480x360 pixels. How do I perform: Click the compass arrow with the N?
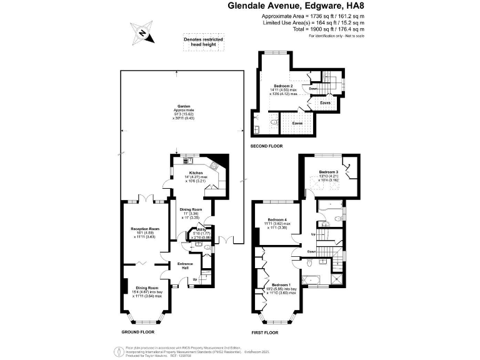144,33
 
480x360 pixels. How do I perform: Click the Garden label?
183,107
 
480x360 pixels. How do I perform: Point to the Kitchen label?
196,172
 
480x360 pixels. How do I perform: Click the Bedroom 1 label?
279,284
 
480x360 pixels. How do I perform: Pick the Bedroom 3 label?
328,172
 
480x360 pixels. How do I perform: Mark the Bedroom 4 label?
277,220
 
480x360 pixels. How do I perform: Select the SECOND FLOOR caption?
267,146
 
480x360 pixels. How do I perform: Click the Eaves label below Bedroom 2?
298,123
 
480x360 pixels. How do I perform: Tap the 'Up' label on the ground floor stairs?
194,279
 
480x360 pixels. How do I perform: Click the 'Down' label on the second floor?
313,89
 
